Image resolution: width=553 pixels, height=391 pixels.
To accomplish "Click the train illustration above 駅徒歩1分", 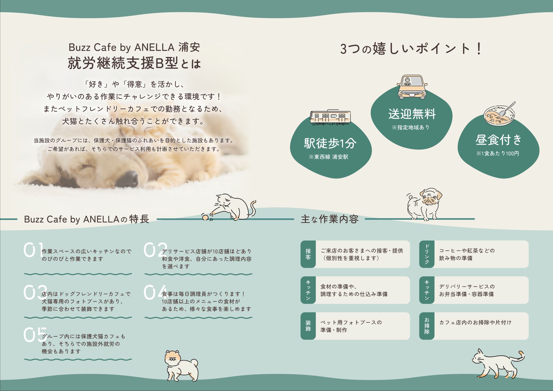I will tap(330, 117).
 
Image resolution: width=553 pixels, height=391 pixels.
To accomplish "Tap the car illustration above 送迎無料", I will tap(412, 87).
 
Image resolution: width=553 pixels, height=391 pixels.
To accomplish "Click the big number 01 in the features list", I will tap(33, 250).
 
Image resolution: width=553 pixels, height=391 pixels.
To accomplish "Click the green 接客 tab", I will tap(308, 254).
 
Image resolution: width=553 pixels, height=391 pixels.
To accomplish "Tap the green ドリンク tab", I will tap(427, 254).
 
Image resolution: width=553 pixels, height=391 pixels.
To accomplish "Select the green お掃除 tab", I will tap(427, 326).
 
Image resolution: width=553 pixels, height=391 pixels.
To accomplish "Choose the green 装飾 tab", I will tap(308, 326).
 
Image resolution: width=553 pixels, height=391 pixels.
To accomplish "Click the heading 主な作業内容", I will tap(330, 219).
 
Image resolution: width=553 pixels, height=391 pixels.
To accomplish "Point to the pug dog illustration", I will tap(424, 204).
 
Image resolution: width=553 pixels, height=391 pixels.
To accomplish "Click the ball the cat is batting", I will tap(205, 217).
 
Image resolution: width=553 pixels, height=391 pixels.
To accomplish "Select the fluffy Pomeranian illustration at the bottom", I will tap(181, 365).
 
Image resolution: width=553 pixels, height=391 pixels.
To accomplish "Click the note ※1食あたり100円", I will tap(498, 154).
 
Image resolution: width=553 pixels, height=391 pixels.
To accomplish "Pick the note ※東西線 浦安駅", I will tap(328, 157).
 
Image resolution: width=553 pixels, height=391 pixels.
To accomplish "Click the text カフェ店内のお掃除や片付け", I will tap(475, 323).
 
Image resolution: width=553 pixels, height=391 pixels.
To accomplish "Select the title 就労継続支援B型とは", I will tap(134, 63).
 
